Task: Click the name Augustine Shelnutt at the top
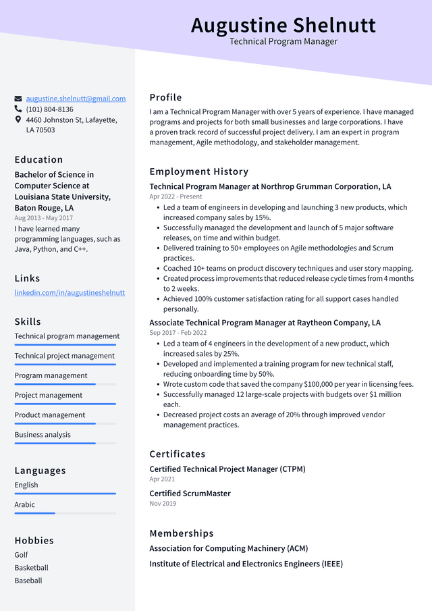coord(283,25)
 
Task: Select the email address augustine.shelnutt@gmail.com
coord(76,99)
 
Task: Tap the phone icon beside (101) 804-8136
coord(18,109)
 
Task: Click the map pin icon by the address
coord(18,119)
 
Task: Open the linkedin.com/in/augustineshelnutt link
coord(70,292)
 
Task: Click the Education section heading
coord(38,159)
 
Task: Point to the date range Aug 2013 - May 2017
coord(44,218)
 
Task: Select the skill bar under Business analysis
coord(65,443)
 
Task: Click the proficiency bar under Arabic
coord(65,513)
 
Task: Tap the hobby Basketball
coord(32,568)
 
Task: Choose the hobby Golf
coord(22,555)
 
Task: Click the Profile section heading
coord(165,97)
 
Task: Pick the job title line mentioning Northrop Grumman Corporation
coord(270,186)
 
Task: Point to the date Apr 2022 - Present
coord(175,196)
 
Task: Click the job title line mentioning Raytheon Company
coord(265,323)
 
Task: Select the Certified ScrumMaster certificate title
coord(190,494)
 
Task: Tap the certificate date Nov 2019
coord(163,504)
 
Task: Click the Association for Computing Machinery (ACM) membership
coord(228,548)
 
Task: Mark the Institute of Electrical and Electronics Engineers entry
coord(246,564)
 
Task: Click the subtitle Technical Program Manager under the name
coord(283,42)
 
